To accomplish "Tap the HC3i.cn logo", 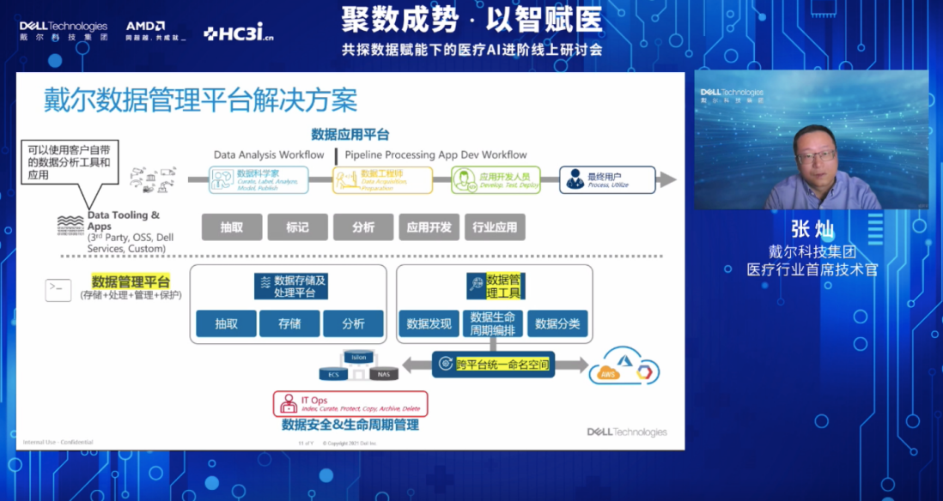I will point(239,33).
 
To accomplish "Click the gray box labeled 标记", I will point(297,227).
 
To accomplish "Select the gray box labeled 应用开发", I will point(429,227).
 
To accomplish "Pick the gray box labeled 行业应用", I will point(495,227).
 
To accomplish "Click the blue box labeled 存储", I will point(289,323).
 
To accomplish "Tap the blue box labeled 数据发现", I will point(429,323).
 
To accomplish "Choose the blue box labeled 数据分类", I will point(557,323).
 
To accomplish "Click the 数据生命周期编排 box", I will point(493,323).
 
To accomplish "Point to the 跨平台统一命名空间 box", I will point(493,365).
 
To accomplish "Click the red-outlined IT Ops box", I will point(350,403).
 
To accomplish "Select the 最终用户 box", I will point(607,179).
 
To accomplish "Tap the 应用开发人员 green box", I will point(496,179).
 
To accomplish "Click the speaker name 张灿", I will point(812,229).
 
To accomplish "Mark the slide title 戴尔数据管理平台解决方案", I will point(200,100).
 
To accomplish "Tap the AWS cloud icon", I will point(609,373).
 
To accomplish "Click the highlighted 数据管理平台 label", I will point(131,281).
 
